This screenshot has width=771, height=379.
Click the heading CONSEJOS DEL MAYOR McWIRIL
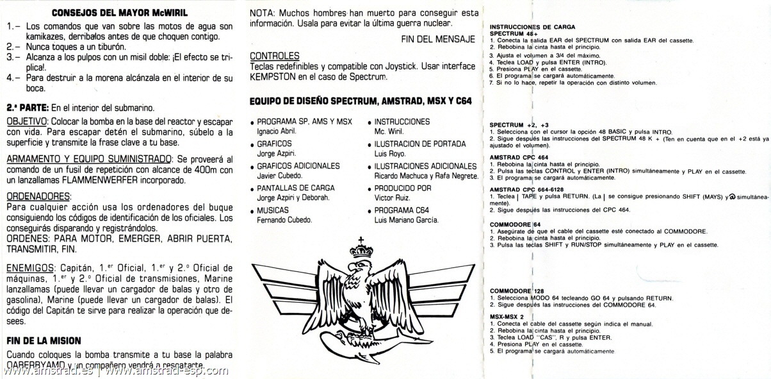coord(120,12)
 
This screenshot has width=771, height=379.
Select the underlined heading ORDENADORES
coord(38,196)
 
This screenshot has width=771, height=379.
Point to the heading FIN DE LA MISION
coord(44,341)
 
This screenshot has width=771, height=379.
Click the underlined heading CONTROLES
coord(274,56)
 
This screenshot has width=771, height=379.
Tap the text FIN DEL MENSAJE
coord(438,39)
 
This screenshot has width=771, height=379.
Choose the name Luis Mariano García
coord(406,220)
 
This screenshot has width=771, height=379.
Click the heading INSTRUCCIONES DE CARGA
coord(532,27)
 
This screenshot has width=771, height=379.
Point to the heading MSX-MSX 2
coord(507,317)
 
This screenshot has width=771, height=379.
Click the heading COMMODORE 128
coord(517,291)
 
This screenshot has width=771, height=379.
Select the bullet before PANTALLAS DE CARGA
coord(252,189)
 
